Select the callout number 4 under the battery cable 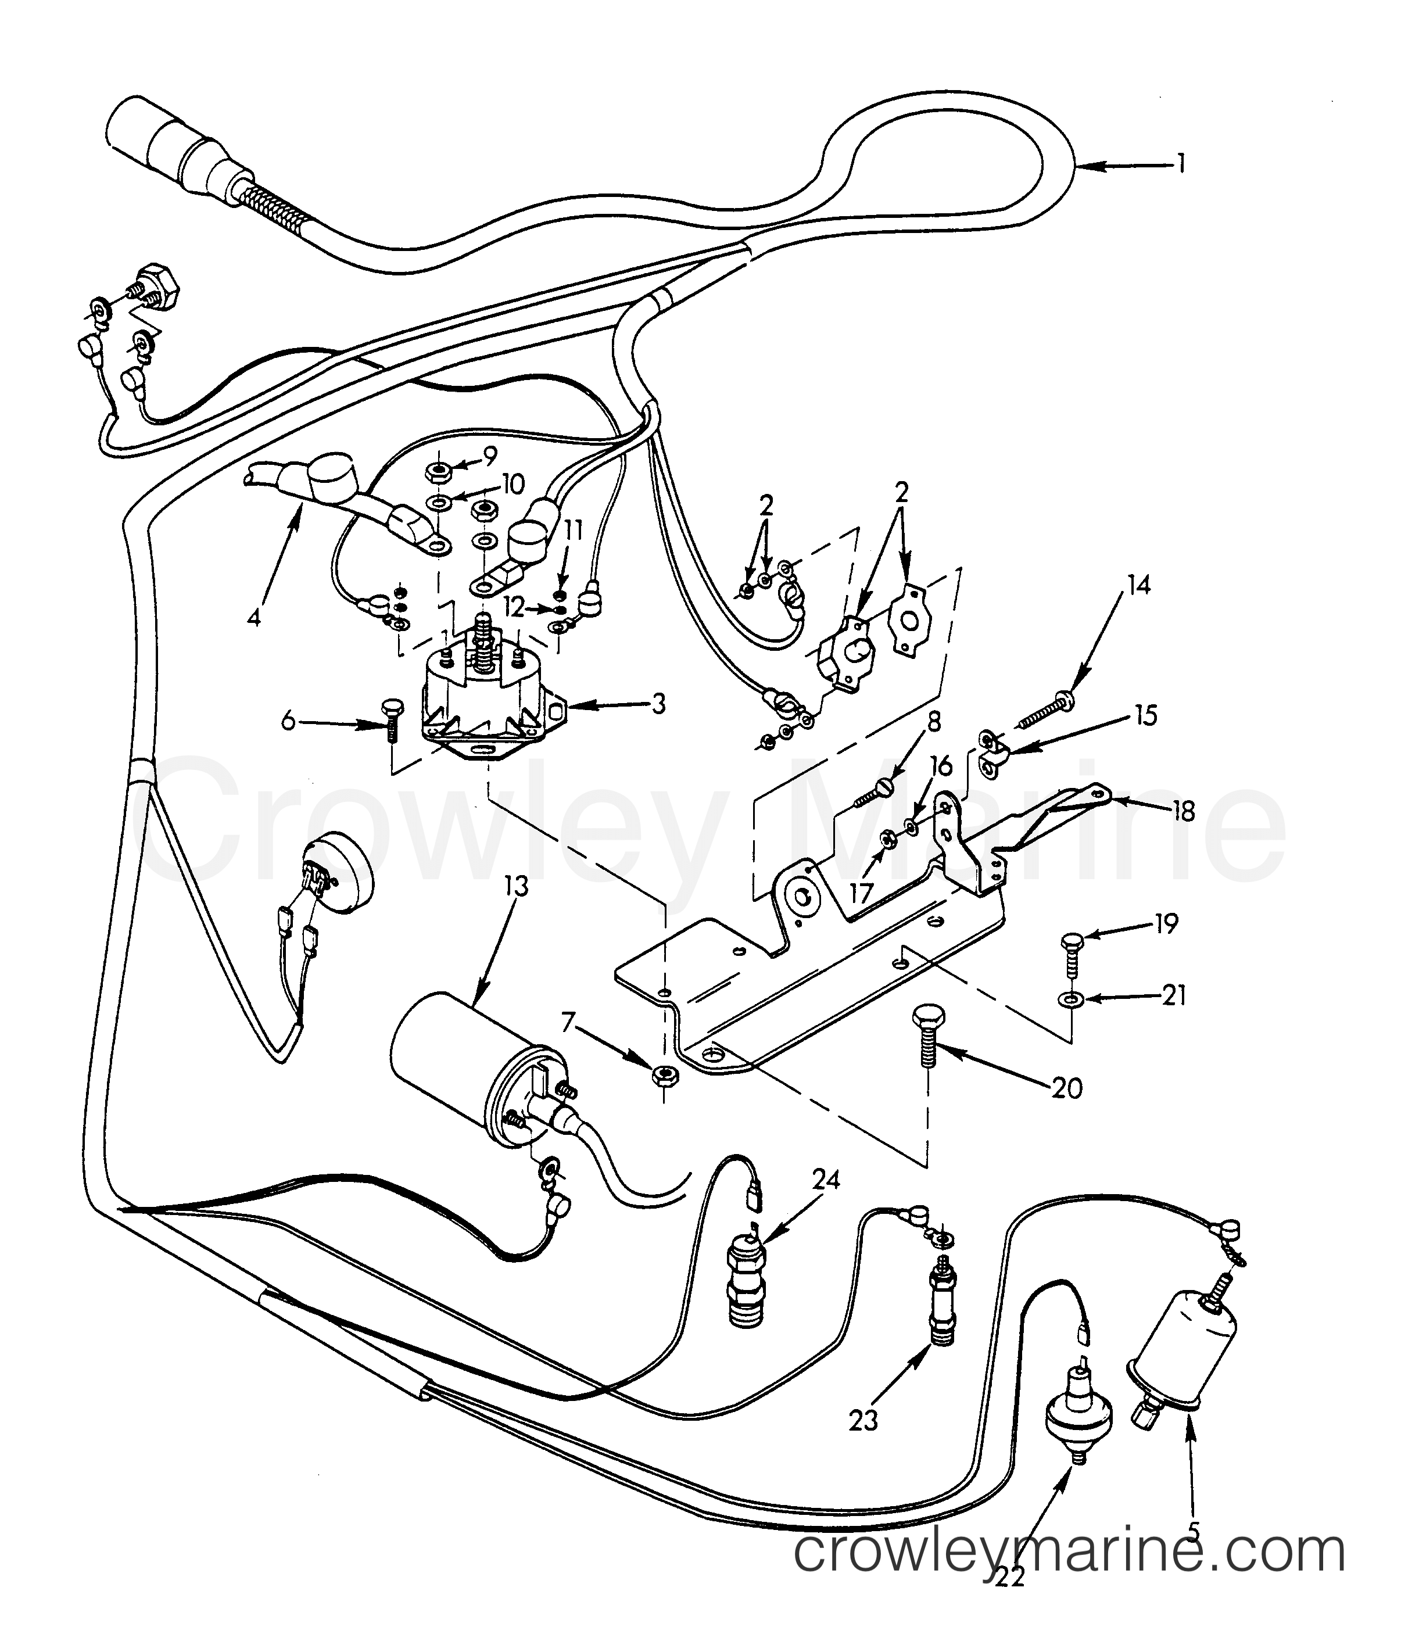[253, 618]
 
